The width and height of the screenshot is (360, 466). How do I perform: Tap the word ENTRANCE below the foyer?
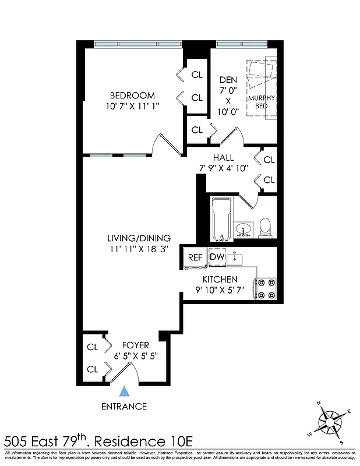tap(123, 406)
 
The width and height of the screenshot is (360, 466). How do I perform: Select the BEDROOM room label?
tap(133, 96)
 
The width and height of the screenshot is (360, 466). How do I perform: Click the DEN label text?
tap(228, 80)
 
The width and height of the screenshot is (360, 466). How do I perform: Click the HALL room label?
tap(223, 158)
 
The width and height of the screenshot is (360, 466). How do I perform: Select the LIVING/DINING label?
tap(139, 238)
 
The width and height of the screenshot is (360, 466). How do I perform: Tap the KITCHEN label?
tap(220, 280)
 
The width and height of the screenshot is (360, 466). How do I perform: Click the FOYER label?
tap(135, 345)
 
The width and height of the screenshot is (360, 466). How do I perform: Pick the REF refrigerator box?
tap(194, 257)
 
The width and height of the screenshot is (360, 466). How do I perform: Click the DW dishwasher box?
tap(217, 257)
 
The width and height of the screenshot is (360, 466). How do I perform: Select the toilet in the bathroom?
tap(265, 227)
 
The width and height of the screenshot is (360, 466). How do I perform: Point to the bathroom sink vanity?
tap(243, 228)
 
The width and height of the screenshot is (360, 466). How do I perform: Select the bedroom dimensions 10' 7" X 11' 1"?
tap(133, 106)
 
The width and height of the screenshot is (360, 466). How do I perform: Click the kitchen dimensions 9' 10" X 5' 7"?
tap(220, 290)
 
